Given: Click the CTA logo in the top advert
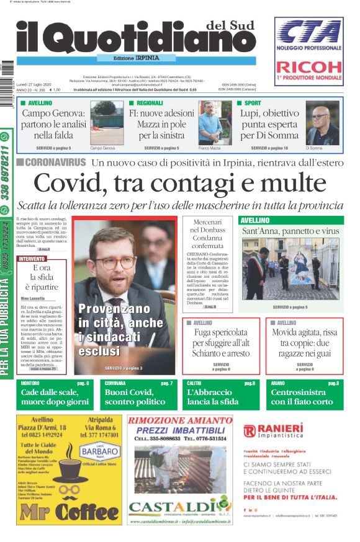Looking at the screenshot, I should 309,35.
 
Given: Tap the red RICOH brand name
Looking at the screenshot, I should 308,68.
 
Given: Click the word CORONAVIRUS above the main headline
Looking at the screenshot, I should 55,162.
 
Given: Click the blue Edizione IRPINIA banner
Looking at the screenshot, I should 137,58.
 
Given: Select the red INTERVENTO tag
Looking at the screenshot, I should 32,258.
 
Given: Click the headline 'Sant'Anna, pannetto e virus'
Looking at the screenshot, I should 290,231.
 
